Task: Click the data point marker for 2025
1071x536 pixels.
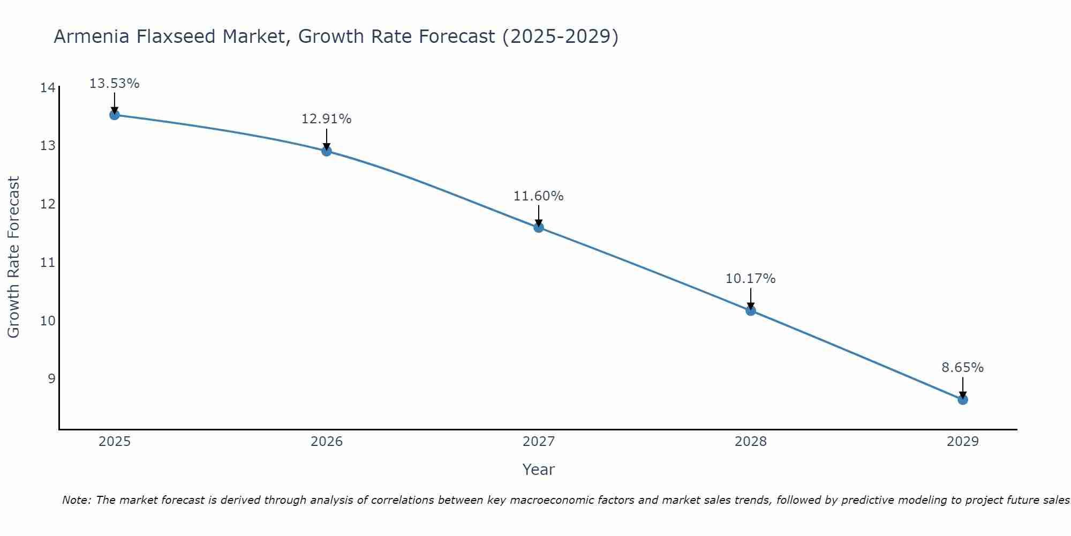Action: (114, 115)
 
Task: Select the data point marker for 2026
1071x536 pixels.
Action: (327, 151)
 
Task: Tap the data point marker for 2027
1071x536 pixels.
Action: (539, 227)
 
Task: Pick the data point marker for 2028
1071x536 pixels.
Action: (751, 310)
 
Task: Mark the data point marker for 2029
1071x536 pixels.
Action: (963, 399)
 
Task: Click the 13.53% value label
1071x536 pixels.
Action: (114, 84)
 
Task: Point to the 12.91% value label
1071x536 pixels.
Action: (327, 119)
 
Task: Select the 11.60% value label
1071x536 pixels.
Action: (539, 196)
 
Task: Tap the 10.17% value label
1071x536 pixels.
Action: (751, 279)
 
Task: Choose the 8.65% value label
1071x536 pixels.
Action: (963, 368)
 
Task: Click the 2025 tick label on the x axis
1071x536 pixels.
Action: (115, 442)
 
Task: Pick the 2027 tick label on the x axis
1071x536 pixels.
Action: (539, 442)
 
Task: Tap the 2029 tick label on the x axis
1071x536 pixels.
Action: (963, 442)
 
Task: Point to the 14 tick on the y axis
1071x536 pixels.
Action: (48, 88)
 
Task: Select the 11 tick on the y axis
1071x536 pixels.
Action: (48, 263)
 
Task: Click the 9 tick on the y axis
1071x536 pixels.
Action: (51, 379)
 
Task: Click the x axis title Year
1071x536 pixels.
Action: (539, 470)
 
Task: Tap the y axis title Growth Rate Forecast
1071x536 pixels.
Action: (13, 257)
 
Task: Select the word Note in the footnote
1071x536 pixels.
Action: (76, 500)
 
